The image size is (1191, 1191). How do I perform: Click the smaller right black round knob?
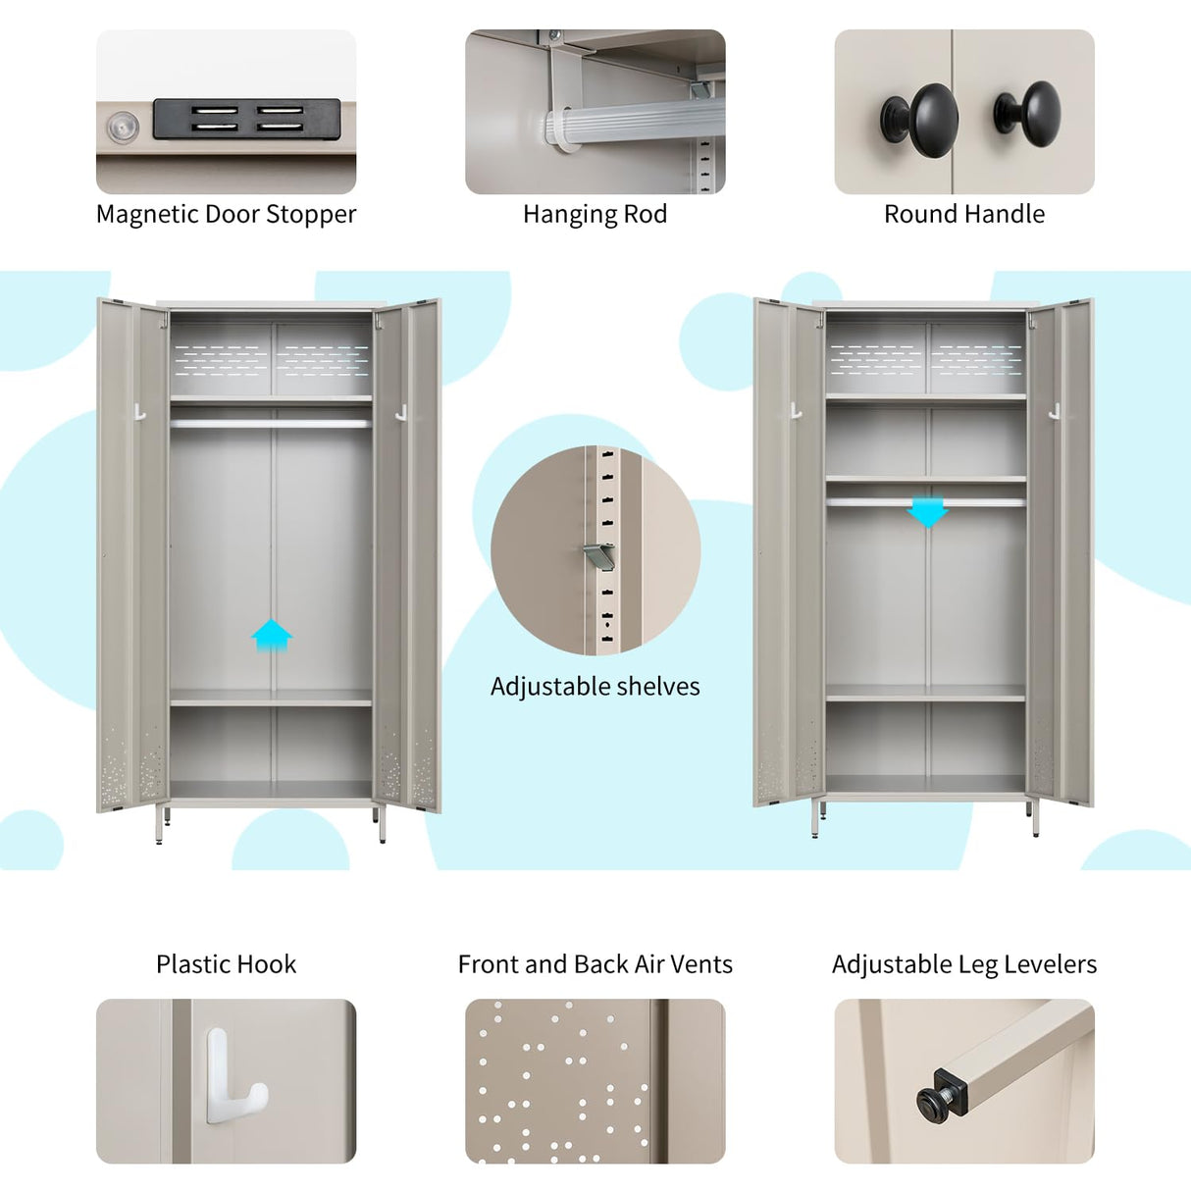(x=1029, y=113)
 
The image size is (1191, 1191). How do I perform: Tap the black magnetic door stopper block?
(x=246, y=120)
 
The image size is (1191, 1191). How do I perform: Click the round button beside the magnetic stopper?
(x=123, y=127)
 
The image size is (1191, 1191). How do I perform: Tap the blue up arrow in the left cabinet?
(x=272, y=635)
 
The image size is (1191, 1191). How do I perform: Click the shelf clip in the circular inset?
(x=597, y=556)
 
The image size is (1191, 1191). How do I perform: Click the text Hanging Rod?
(x=595, y=214)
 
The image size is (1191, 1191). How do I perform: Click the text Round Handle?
(x=964, y=214)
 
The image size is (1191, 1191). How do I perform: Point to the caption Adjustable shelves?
(x=595, y=686)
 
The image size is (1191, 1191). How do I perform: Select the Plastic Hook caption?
(x=226, y=963)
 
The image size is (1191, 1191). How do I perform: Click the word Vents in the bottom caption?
(x=701, y=963)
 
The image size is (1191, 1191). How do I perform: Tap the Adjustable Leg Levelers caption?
(x=964, y=963)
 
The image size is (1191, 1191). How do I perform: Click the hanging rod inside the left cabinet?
(x=271, y=424)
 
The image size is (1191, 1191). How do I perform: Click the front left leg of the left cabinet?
(x=160, y=825)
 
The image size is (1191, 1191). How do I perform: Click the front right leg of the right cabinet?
(x=1035, y=819)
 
